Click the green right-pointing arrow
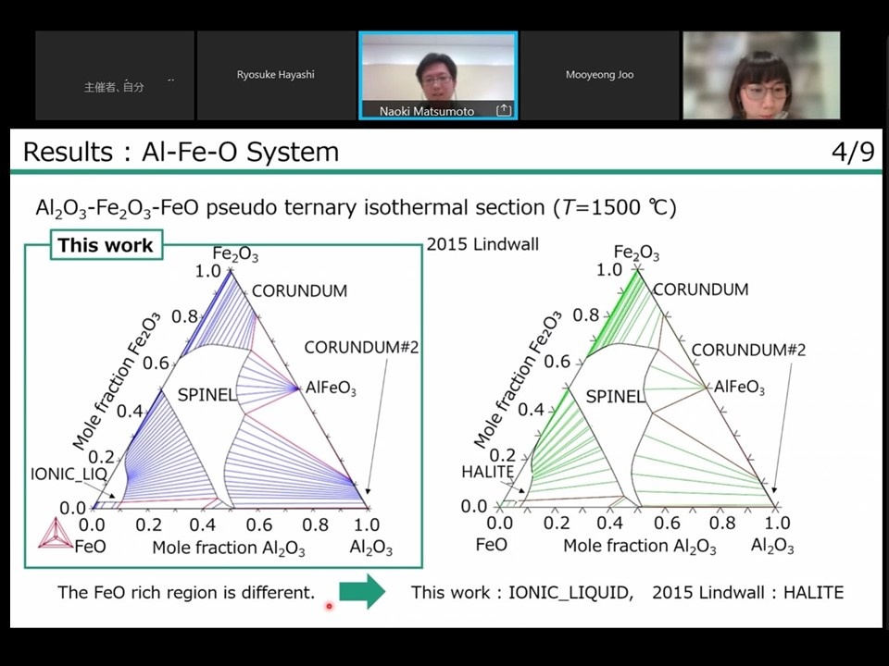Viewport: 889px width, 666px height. (362, 591)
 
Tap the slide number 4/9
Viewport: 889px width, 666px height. (853, 152)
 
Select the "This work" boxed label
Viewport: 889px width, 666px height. (106, 244)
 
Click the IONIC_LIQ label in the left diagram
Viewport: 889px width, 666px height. (69, 474)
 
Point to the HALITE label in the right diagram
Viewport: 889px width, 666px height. (488, 471)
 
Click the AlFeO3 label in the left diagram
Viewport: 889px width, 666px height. (332, 388)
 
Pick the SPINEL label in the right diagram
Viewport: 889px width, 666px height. (615, 397)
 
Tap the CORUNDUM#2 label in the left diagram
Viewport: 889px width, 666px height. (362, 347)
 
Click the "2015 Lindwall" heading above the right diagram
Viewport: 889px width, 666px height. (482, 244)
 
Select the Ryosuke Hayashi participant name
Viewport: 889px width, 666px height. (276, 74)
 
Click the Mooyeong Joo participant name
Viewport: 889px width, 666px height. (599, 74)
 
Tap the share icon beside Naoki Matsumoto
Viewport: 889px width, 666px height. (504, 110)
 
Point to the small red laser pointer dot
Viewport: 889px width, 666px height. (329, 607)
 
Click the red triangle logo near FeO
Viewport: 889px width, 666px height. (55, 534)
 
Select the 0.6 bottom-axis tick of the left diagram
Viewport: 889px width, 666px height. (259, 525)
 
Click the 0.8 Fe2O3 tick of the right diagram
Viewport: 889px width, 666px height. (585, 314)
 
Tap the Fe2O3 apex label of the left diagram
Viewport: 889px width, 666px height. (235, 254)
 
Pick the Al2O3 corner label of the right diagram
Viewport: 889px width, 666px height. (772, 546)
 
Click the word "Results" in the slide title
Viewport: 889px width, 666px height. (68, 152)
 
